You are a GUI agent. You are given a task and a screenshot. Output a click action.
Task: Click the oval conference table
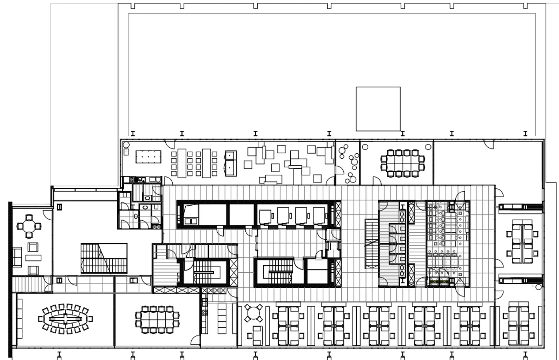pyautogui.click(x=66, y=319)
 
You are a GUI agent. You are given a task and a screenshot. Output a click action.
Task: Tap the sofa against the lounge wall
pyautogui.click(x=17, y=257)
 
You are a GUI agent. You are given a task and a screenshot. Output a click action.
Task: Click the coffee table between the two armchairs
pyautogui.click(x=33, y=257)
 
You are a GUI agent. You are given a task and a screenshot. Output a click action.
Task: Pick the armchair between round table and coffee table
pyautogui.click(x=33, y=246)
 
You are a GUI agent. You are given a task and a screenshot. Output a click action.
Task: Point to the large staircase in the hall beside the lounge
pyautogui.click(x=104, y=258)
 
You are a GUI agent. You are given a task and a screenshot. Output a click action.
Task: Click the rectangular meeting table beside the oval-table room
pyautogui.click(x=157, y=319)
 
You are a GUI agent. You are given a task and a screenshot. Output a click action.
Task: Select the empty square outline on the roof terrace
pyautogui.click(x=378, y=109)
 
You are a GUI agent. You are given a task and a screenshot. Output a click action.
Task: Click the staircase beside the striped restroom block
pyautogui.click(x=370, y=243)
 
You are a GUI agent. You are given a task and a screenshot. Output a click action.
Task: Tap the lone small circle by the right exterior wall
pyautogui.click(x=538, y=287)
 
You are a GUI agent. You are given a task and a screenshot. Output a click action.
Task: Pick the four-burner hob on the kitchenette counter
pyautogui.click(x=138, y=180)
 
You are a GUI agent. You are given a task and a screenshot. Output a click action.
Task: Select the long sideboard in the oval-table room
pyautogui.click(x=19, y=319)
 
